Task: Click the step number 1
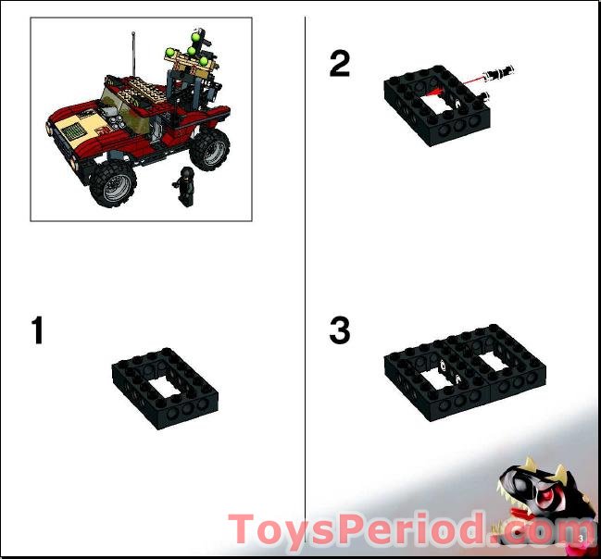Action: [x=37, y=330]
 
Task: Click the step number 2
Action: [x=340, y=64]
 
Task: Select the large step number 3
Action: [x=340, y=330]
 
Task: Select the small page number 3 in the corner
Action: [x=581, y=538]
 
